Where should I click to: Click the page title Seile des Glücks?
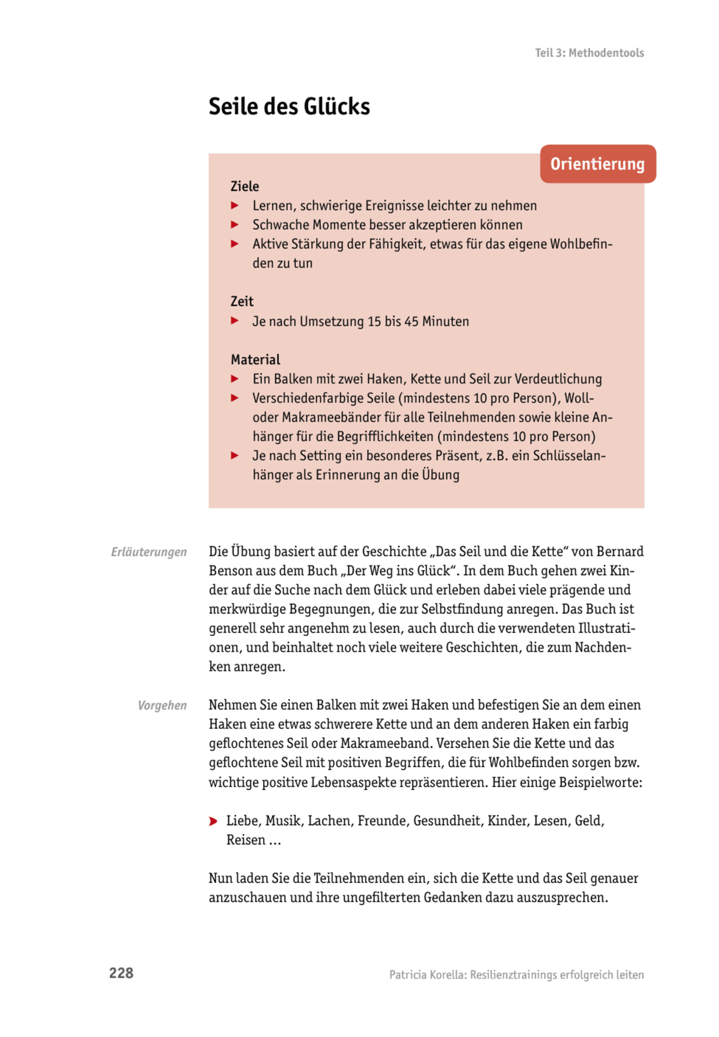point(289,107)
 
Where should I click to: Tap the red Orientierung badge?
point(598,164)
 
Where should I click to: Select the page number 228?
point(121,973)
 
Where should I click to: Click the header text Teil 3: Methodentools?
point(589,53)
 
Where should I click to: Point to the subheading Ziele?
point(245,186)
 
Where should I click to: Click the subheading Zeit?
point(242,302)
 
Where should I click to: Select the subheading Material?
point(255,359)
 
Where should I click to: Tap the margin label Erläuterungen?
point(149,552)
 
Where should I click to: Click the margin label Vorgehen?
point(162,705)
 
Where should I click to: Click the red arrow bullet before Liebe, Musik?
point(213,821)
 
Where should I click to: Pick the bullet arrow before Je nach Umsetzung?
point(235,321)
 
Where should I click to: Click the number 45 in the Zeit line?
point(411,321)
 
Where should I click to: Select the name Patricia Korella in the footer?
point(427,975)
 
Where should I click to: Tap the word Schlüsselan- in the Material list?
point(569,455)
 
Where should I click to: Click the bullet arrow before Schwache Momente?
point(235,224)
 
